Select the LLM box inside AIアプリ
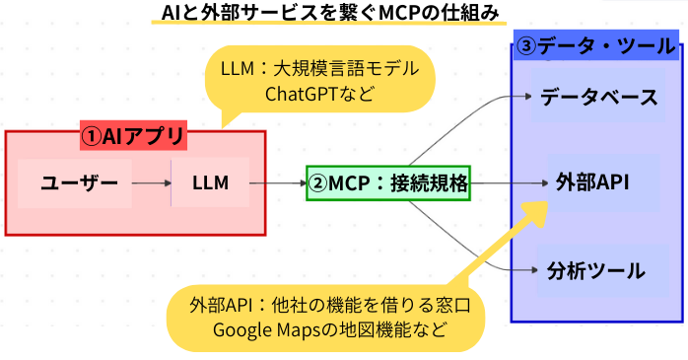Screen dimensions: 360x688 click(x=210, y=182)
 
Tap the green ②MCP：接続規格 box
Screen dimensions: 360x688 click(x=388, y=182)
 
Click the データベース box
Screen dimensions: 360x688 click(x=597, y=98)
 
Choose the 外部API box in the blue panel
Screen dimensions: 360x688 click(x=592, y=182)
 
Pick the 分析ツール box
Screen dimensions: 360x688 click(x=595, y=269)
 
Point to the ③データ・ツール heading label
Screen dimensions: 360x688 click(x=595, y=45)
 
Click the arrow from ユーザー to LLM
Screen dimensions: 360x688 click(x=150, y=182)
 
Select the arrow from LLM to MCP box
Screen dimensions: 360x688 click(x=276, y=182)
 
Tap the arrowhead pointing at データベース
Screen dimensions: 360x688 click(x=526, y=97)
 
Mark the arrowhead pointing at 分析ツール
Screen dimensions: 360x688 click(x=526, y=269)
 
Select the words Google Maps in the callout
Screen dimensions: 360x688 click(x=262, y=328)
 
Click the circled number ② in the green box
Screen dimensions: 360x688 click(x=317, y=182)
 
